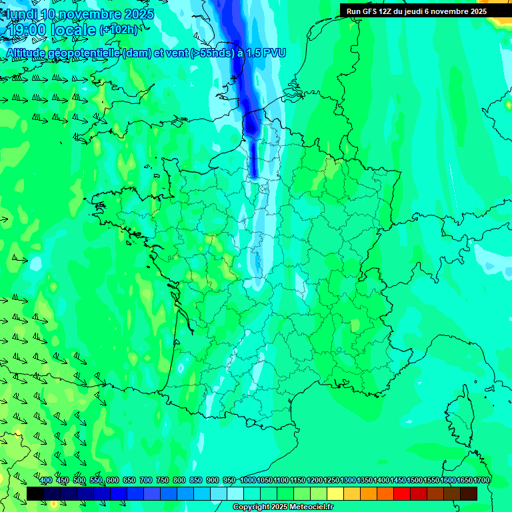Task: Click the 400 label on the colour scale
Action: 46,481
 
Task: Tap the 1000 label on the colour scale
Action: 248,481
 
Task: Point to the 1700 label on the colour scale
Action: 481,481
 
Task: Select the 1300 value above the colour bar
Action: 348,481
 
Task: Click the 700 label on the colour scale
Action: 146,481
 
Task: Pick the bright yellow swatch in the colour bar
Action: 335,493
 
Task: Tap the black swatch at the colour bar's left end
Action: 35,493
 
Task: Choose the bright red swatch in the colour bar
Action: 402,493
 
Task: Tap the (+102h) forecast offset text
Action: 118,30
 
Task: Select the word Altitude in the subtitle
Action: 26,53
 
